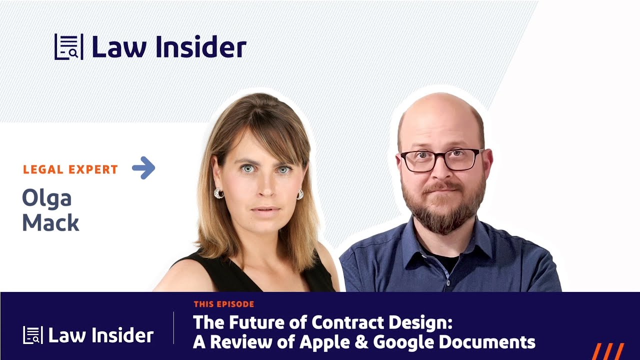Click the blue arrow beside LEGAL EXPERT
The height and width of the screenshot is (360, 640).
click(x=143, y=168)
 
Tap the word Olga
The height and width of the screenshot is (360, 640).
click(x=46, y=198)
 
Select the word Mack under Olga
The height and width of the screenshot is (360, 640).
click(x=50, y=222)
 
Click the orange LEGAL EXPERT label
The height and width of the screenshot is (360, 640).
click(x=70, y=169)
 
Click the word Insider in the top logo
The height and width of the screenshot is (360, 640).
click(x=200, y=47)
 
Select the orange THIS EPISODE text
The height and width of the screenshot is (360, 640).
click(x=224, y=304)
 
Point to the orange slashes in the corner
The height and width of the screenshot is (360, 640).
click(x=608, y=351)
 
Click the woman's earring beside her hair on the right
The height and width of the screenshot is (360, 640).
click(x=300, y=194)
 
